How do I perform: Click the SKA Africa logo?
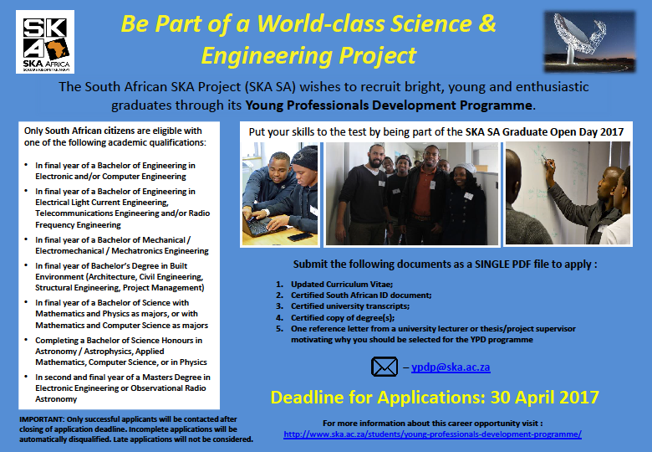[45, 42]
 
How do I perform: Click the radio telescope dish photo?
[589, 42]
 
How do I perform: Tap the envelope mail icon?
[385, 367]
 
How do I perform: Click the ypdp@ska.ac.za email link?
[451, 367]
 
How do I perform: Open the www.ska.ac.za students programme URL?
[432, 434]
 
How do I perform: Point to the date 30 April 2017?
[545, 397]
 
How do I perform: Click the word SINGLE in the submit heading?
[492, 265]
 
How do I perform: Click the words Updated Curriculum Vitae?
[342, 285]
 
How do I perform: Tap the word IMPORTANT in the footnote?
[42, 419]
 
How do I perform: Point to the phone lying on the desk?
[300, 237]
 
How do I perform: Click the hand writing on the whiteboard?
[550, 166]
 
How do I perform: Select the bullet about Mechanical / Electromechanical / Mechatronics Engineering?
[122, 245]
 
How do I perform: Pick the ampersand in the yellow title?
[487, 23]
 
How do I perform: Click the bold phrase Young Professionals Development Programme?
[389, 105]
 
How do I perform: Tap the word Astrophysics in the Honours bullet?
[109, 352]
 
